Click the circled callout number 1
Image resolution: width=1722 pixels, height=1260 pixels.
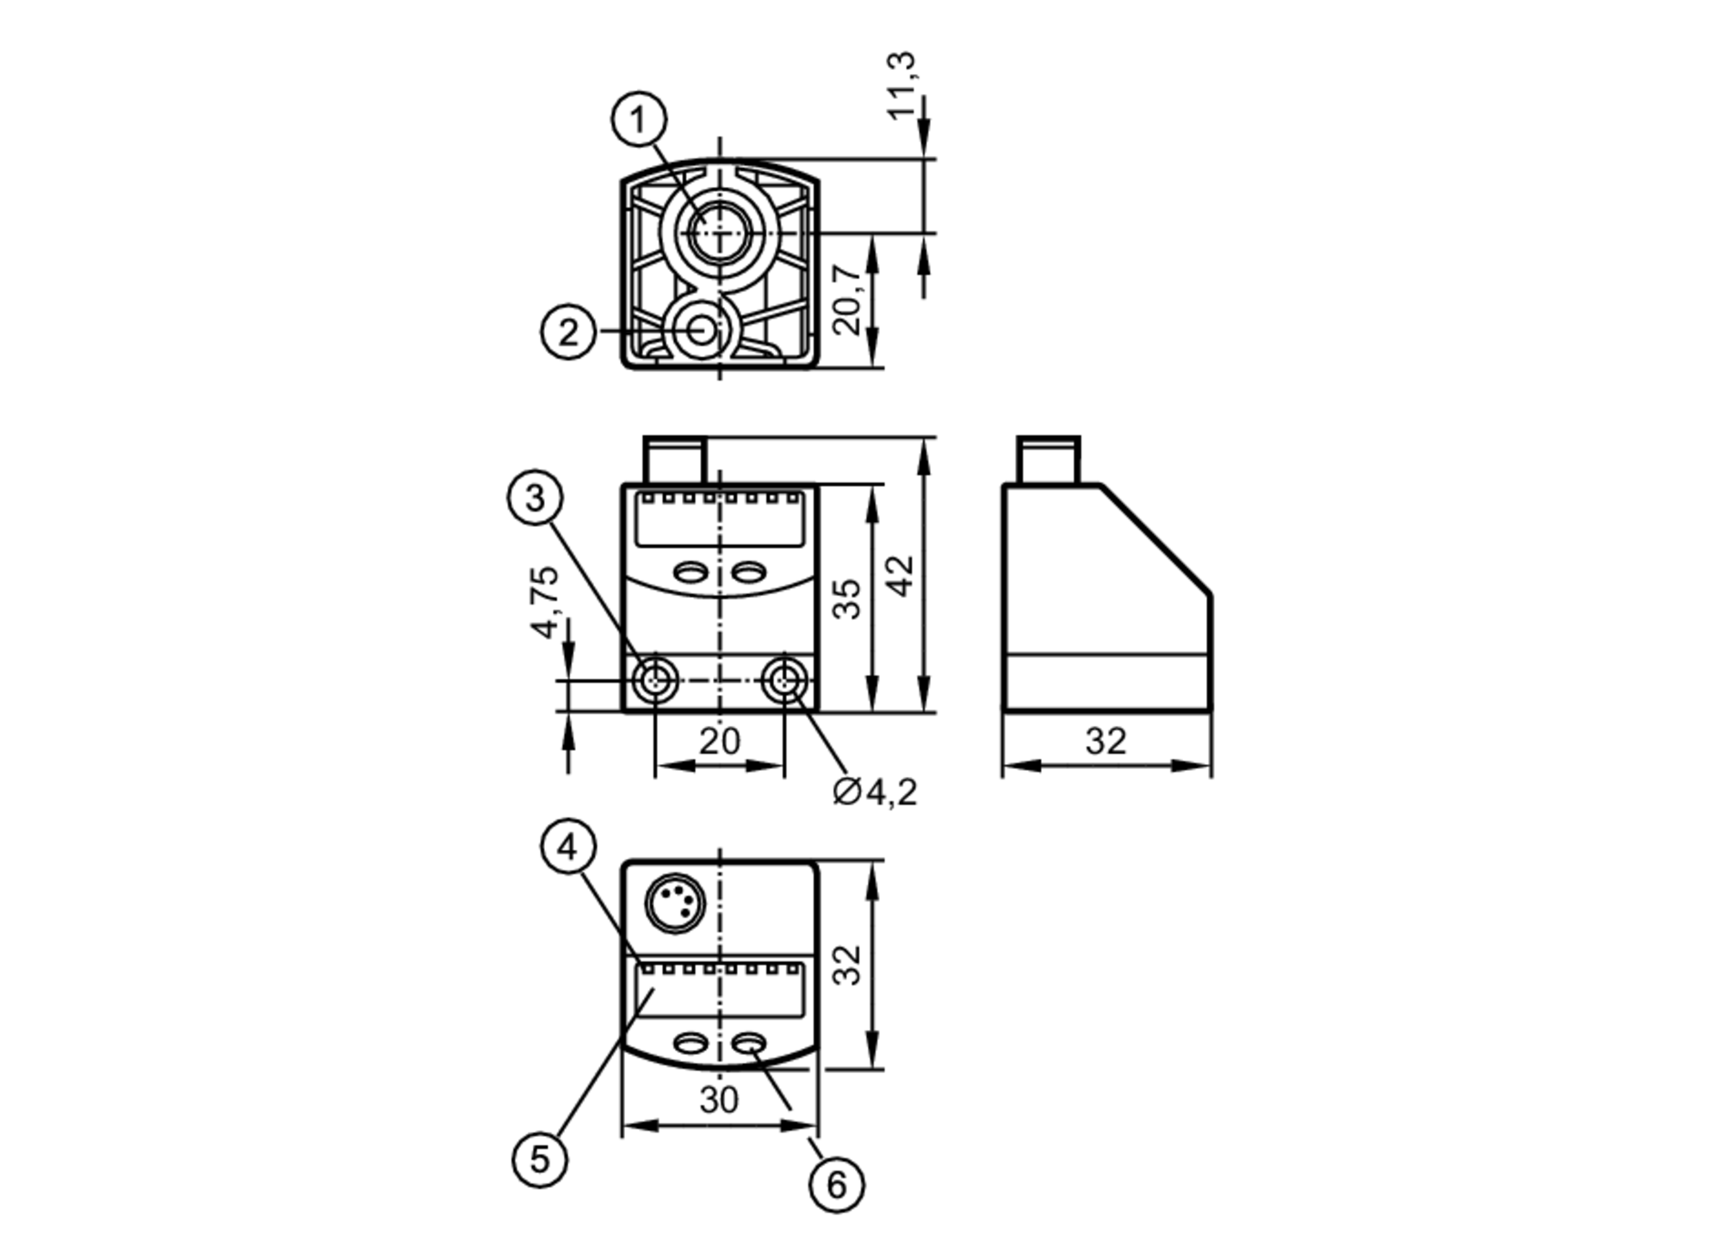coord(638,120)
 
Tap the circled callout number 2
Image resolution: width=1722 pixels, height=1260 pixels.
coord(567,332)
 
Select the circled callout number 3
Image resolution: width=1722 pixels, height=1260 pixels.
coord(535,498)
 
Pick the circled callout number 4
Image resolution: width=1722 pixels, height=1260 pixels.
coord(567,847)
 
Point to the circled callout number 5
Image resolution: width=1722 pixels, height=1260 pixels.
coord(539,1158)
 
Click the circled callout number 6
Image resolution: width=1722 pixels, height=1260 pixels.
coord(836,1185)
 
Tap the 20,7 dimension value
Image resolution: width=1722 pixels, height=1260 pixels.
coord(847,299)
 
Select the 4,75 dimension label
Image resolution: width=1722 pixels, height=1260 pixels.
coord(546,602)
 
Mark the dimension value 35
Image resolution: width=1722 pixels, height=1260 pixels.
coord(847,599)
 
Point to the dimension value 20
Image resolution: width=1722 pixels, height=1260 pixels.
coord(719,741)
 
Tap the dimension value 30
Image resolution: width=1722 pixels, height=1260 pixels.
coord(718,1100)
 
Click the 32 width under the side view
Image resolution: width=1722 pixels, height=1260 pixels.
coord(1106,741)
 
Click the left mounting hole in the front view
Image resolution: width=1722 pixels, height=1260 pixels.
coord(655,680)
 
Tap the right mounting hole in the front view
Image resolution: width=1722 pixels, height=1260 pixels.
coord(784,680)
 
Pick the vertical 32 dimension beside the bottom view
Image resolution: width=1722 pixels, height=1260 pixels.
coord(847,965)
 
